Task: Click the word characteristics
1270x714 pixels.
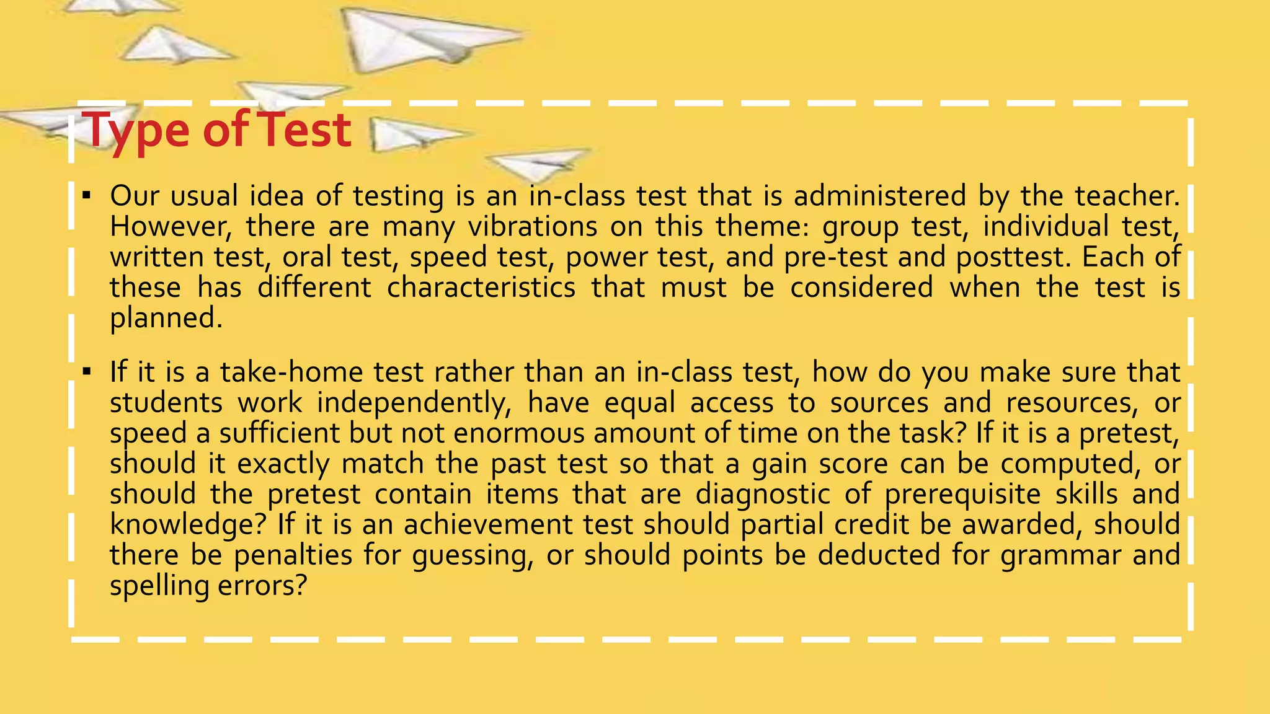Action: pyautogui.click(x=481, y=288)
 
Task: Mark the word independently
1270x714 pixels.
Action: pyautogui.click(x=414, y=403)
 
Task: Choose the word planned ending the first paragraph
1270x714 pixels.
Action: pyautogui.click(x=166, y=319)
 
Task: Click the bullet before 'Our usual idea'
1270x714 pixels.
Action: pyautogui.click(x=87, y=196)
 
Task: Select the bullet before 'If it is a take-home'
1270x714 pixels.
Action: pyautogui.click(x=87, y=372)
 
